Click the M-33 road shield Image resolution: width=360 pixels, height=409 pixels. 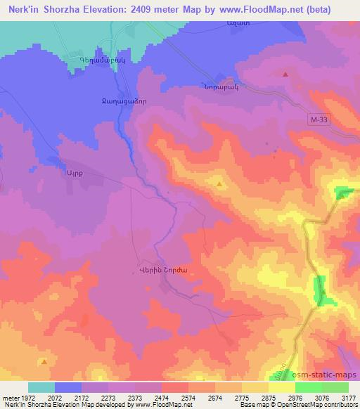point(319,122)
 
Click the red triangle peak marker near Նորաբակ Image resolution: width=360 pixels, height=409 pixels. point(285,73)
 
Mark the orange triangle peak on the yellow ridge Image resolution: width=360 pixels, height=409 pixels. point(219,185)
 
